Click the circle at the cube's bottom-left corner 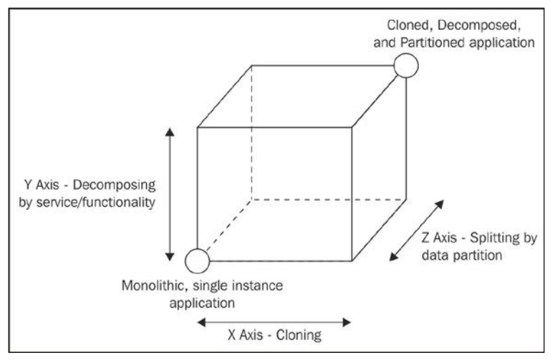[x=197, y=261]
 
